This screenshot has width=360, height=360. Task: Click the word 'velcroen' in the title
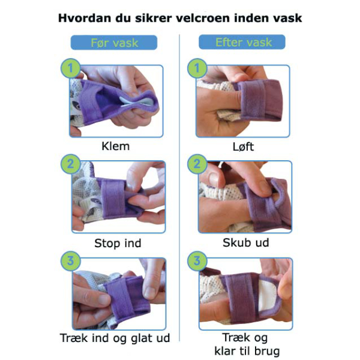tap(203, 19)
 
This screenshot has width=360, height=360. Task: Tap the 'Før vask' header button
tap(114, 43)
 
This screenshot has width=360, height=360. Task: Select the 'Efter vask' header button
tap(242, 42)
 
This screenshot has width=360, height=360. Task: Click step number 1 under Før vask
tap(70, 68)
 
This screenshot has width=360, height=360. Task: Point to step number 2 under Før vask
tap(70, 164)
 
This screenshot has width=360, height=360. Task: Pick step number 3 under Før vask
tap(70, 261)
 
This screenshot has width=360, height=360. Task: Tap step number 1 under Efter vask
tap(197, 68)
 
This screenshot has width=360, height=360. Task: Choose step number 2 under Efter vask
tap(197, 164)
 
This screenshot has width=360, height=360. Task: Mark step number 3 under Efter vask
tap(197, 261)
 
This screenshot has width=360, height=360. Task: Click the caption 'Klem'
tap(115, 146)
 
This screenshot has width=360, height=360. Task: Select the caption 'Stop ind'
tap(118, 243)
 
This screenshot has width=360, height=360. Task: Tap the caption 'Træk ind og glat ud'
tap(115, 338)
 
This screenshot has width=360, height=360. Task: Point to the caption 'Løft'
tap(243, 146)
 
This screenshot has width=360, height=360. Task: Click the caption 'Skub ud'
tap(245, 242)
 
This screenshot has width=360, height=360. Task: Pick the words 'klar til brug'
tap(247, 351)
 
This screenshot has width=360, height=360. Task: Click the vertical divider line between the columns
tap(179, 188)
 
